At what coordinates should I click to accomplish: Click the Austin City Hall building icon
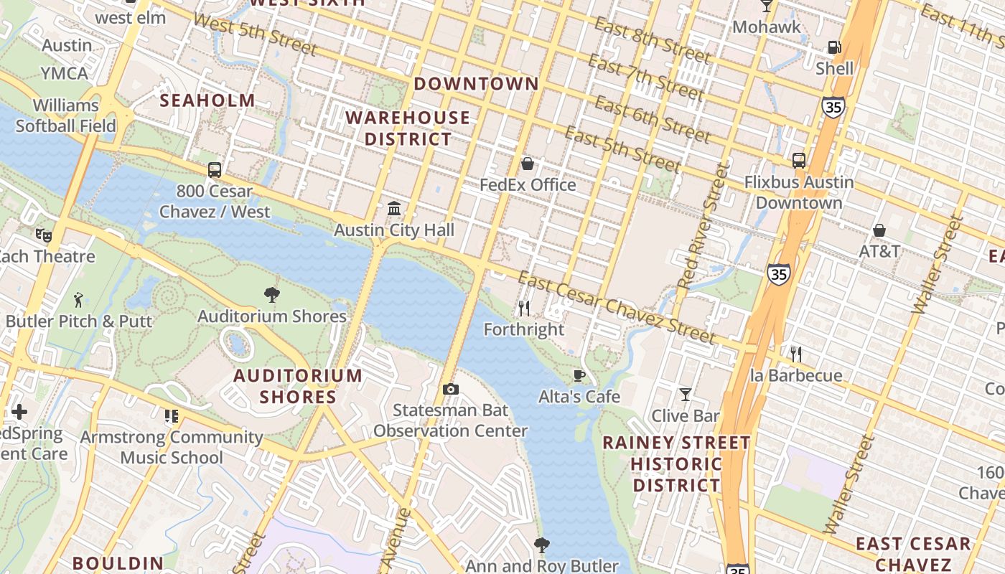click(x=394, y=209)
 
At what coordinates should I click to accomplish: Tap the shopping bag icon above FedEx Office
click(x=528, y=164)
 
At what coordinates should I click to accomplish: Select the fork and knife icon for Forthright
click(x=524, y=309)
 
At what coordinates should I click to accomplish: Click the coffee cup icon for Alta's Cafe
click(x=579, y=375)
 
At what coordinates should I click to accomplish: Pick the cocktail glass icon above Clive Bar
click(x=686, y=394)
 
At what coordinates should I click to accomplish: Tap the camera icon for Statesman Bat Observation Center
click(x=451, y=389)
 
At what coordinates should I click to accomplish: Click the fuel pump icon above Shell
click(x=834, y=47)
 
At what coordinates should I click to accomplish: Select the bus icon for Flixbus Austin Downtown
click(x=798, y=161)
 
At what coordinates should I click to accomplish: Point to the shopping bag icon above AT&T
click(x=879, y=230)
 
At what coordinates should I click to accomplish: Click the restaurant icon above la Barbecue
click(x=795, y=354)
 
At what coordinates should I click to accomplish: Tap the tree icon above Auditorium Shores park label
click(x=271, y=294)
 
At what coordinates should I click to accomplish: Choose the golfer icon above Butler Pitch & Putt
click(x=78, y=299)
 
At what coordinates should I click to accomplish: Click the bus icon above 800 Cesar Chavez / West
click(x=215, y=170)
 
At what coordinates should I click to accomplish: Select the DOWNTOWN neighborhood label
click(x=476, y=84)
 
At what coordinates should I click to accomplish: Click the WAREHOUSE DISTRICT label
click(x=408, y=128)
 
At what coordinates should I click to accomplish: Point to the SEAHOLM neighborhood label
click(x=207, y=100)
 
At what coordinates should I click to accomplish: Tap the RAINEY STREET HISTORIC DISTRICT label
click(x=676, y=464)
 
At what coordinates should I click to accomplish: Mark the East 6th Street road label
click(x=653, y=120)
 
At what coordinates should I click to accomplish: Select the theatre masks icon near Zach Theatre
click(x=44, y=235)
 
